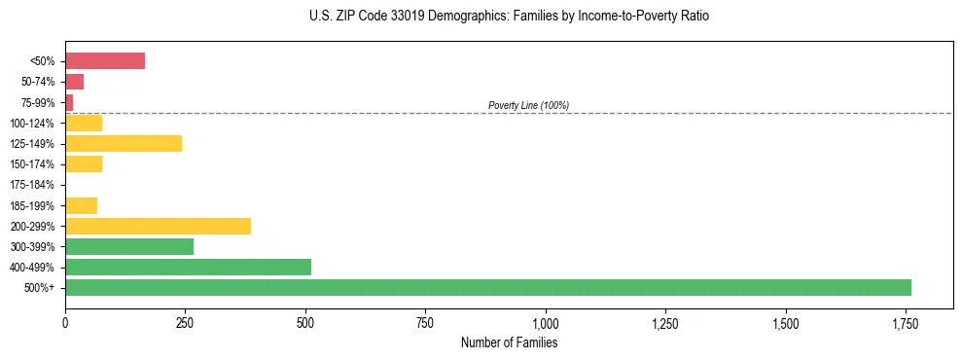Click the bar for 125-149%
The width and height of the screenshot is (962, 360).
(x=124, y=143)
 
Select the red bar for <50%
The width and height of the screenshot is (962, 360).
(x=105, y=61)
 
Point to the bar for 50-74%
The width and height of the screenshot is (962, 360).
(x=74, y=82)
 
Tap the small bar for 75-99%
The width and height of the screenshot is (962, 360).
(x=69, y=102)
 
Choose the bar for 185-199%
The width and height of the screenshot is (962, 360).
(x=81, y=205)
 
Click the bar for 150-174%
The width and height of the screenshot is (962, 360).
(x=84, y=163)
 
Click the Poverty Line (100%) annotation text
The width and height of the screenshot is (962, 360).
(x=528, y=105)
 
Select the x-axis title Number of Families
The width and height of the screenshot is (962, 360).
(x=509, y=342)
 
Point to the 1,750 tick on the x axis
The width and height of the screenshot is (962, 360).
(x=905, y=323)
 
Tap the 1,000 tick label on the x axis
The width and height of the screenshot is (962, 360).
(x=545, y=323)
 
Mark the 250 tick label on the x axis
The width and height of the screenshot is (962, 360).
(x=185, y=323)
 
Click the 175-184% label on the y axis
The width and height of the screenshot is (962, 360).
(x=33, y=185)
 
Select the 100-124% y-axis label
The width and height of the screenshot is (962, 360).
(x=33, y=124)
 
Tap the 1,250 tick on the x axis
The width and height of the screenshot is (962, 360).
(x=665, y=323)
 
